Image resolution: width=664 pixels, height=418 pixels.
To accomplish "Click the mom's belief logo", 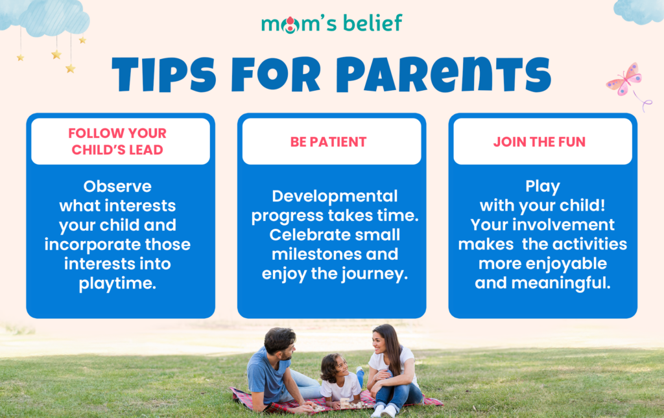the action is tap(331, 24).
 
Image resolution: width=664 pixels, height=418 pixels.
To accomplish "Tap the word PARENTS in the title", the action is tap(444, 75).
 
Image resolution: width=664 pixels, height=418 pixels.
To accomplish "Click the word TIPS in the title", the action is tap(164, 75).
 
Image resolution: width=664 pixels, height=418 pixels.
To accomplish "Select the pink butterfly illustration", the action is tap(625, 80).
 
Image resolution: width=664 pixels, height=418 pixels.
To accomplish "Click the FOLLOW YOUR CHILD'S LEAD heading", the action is tap(117, 141).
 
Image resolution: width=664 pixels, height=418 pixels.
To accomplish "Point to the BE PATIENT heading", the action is tap(328, 142).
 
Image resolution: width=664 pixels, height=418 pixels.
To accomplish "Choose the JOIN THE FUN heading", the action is tap(539, 142).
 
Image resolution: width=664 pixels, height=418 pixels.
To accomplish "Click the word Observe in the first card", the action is tap(117, 186).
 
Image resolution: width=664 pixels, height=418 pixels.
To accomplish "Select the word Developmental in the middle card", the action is tap(335, 196).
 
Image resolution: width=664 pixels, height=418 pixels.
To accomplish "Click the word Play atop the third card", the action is tap(543, 187).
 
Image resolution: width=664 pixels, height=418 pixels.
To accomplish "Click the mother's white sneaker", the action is tap(388, 410).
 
